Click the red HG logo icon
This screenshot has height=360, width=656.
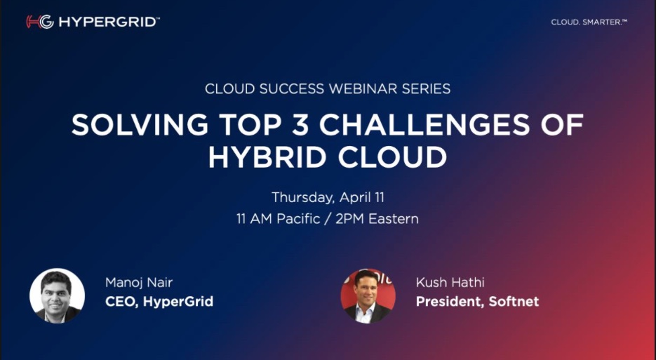pyautogui.click(x=40, y=22)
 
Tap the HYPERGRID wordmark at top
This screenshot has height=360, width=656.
pyautogui.click(x=109, y=22)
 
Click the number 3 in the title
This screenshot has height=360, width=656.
pyautogui.click(x=300, y=125)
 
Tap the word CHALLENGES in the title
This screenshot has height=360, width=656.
pyautogui.click(x=424, y=125)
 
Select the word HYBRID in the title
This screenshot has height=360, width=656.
pyautogui.click(x=268, y=157)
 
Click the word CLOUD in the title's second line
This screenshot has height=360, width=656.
pyautogui.click(x=392, y=157)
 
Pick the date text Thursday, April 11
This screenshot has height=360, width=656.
pyautogui.click(x=328, y=198)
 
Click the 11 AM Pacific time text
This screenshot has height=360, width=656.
pyautogui.click(x=279, y=219)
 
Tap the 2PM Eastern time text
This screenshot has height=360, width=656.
pyautogui.click(x=377, y=219)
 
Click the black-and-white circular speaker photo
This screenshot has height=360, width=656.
pyautogui.click(x=58, y=296)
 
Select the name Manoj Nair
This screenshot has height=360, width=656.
pyautogui.click(x=139, y=283)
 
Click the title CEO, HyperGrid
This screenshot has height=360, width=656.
pyautogui.click(x=159, y=302)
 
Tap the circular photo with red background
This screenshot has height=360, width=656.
pyautogui.click(x=368, y=296)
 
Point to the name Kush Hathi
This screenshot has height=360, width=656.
pyautogui.click(x=450, y=283)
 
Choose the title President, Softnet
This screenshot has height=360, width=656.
pyautogui.click(x=477, y=302)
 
